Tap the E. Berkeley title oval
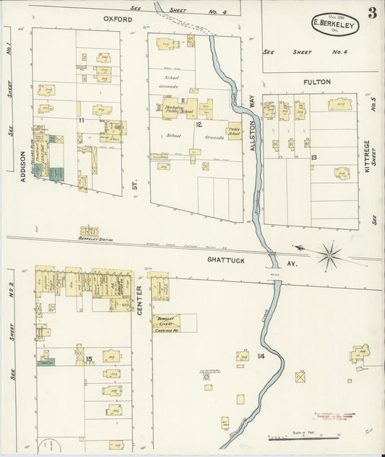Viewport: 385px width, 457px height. (x=334, y=23)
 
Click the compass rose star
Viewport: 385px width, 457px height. (x=329, y=254)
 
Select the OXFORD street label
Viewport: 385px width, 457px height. (x=119, y=19)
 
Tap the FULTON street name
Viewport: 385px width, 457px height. (x=316, y=82)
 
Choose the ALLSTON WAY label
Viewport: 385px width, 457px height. (x=252, y=124)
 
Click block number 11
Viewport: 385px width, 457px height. (x=82, y=120)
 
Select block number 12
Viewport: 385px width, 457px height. (x=198, y=125)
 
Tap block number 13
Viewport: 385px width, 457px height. (x=313, y=157)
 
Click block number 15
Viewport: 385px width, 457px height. (x=89, y=359)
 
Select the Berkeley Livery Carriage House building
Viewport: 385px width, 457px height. (x=165, y=323)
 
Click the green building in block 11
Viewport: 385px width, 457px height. (x=56, y=173)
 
